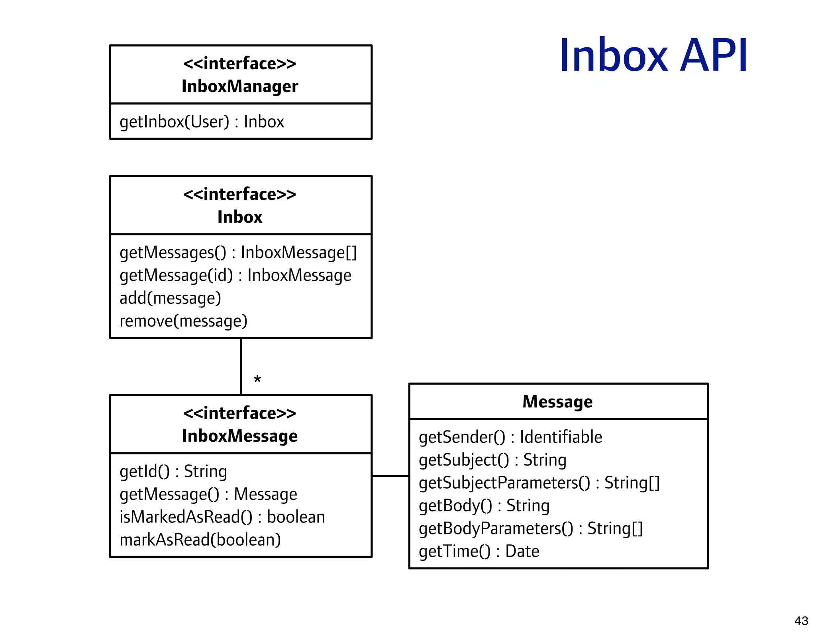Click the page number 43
pos(801,620)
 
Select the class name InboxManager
pos(240,86)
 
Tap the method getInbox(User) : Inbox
pos(202,122)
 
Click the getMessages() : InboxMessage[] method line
pos(238,252)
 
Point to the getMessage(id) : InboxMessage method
pos(235,276)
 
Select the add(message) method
pos(170,298)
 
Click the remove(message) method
pos(183,321)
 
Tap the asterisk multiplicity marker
pos(257,380)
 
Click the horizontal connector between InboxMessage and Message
pos(390,475)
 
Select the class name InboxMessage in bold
pos(240,436)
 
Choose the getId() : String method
pos(173,472)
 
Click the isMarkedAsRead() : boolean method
pos(222,517)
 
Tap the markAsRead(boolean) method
pos(200,540)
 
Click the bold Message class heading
pos(557,402)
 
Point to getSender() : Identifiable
pos(510,437)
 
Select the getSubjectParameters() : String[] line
pos(539,483)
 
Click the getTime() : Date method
pos(479,552)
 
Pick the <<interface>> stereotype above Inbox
pos(240,194)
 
